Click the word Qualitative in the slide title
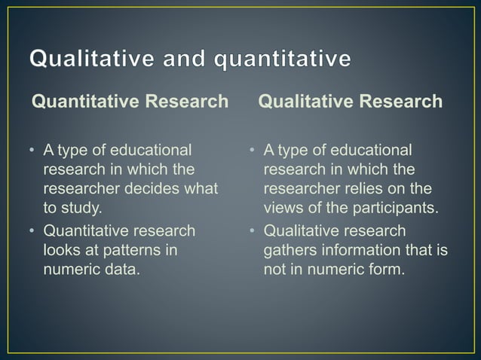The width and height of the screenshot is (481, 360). tap(87, 60)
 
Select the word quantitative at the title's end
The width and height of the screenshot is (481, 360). tap(280, 60)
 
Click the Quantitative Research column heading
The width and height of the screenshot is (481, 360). tap(129, 102)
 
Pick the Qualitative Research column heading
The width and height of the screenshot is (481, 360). tap(350, 102)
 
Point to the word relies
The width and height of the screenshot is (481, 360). tap(372, 188)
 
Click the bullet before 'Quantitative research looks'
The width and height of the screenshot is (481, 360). tap(32, 230)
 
